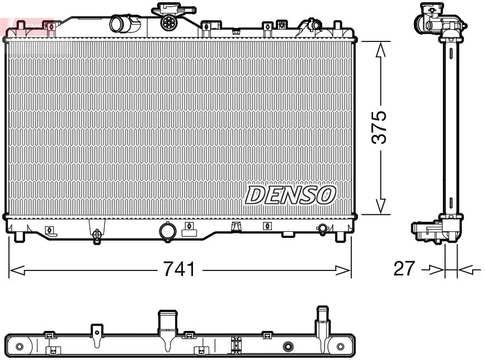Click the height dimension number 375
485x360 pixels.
379,127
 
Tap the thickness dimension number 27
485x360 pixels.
404,269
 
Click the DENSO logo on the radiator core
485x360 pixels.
290,194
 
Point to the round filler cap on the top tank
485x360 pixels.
168,22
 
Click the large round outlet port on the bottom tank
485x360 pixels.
167,231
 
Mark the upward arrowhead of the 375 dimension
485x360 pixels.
380,50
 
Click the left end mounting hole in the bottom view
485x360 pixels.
20,345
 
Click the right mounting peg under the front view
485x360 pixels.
340,237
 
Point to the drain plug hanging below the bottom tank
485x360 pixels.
97,236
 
